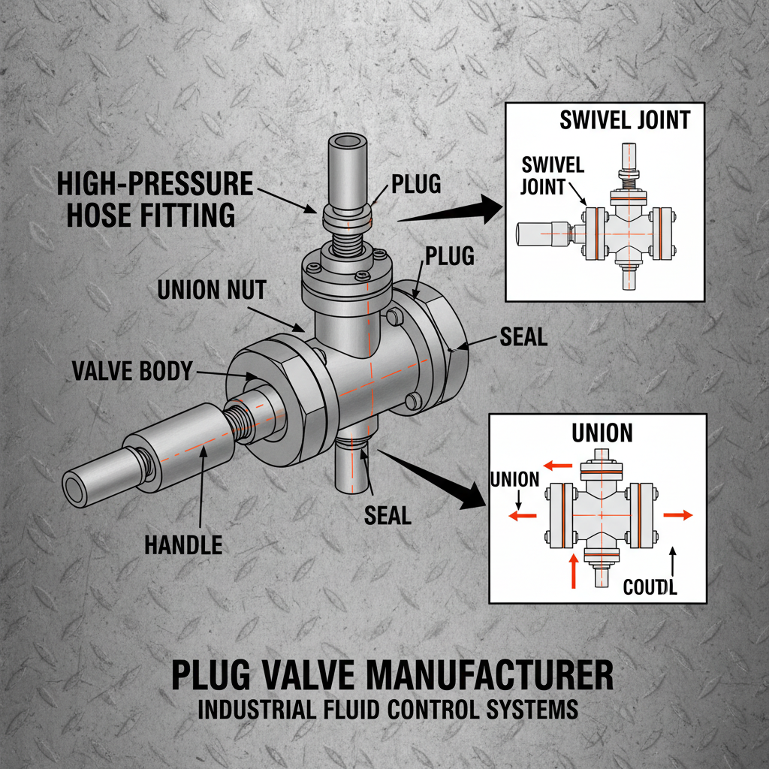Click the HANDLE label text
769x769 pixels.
(183, 544)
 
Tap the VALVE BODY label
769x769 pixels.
(132, 370)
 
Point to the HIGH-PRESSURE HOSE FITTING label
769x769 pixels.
(150, 198)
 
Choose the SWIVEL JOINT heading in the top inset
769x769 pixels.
(625, 119)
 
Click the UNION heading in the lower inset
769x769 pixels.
(602, 433)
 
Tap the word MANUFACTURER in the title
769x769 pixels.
(482, 674)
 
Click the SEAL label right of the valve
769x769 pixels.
(523, 337)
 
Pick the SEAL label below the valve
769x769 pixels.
(388, 515)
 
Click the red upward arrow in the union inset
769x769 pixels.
(574, 569)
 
